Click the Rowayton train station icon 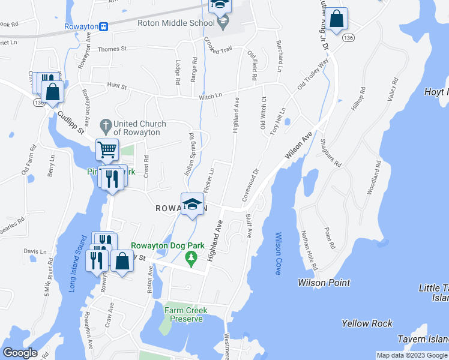click(x=104, y=26)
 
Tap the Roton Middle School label click(x=175, y=23)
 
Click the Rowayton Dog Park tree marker click(x=191, y=259)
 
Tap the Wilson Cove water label click(x=278, y=253)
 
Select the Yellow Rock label click(x=367, y=323)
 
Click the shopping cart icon click(x=107, y=149)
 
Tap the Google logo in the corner click(x=20, y=353)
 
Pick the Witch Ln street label click(x=211, y=96)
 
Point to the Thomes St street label click(x=112, y=49)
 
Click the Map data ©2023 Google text click(x=412, y=355)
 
